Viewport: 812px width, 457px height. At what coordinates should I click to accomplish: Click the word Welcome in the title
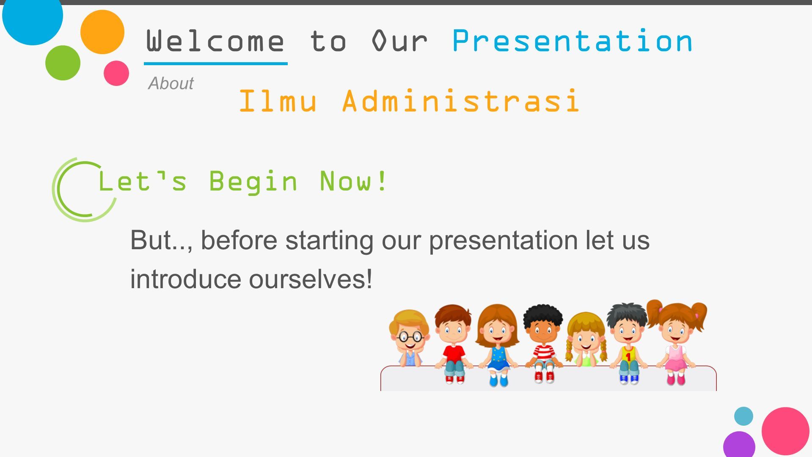pyautogui.click(x=215, y=41)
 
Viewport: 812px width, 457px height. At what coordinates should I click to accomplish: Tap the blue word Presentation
pyautogui.click(x=572, y=41)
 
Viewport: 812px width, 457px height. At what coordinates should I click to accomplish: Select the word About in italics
pyautogui.click(x=171, y=83)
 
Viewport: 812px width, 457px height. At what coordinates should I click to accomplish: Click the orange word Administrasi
pyautogui.click(x=461, y=101)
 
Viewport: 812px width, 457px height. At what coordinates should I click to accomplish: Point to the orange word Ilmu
pyautogui.click(x=278, y=101)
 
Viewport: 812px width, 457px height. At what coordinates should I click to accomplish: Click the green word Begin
pyautogui.click(x=253, y=182)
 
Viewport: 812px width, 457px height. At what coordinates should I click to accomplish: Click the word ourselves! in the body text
pyautogui.click(x=311, y=279)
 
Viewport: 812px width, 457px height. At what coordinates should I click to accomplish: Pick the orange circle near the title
pyautogui.click(x=102, y=32)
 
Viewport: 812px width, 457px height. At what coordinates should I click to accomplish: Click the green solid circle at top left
pyautogui.click(x=63, y=63)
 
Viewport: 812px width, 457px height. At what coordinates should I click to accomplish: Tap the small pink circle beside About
pyautogui.click(x=116, y=73)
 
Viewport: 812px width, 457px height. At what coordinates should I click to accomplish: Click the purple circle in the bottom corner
pyautogui.click(x=739, y=445)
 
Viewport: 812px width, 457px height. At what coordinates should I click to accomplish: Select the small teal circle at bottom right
pyautogui.click(x=743, y=416)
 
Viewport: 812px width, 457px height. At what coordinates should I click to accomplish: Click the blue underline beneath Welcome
pyautogui.click(x=216, y=63)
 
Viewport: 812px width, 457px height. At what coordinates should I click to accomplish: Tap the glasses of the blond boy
pyautogui.click(x=410, y=337)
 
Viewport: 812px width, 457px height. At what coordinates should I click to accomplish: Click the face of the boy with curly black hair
pyautogui.click(x=543, y=331)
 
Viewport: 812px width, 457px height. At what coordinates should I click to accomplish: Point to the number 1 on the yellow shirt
pyautogui.click(x=628, y=357)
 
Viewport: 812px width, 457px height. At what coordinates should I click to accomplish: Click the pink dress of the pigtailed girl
pyautogui.click(x=676, y=358)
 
